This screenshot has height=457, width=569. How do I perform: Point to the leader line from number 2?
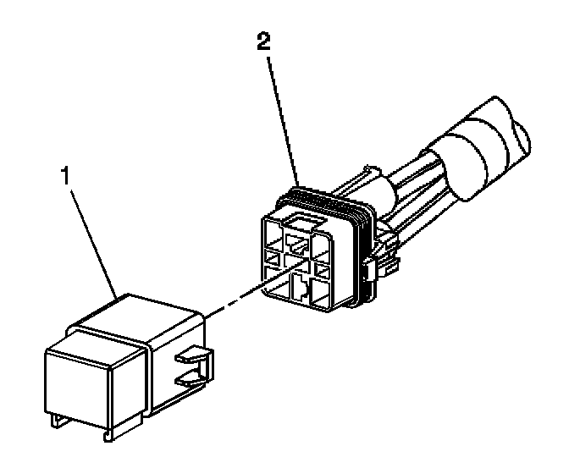[281, 118]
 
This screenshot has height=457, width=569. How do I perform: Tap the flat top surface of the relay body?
[144, 317]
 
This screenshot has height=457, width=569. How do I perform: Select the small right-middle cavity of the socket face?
[323, 269]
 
